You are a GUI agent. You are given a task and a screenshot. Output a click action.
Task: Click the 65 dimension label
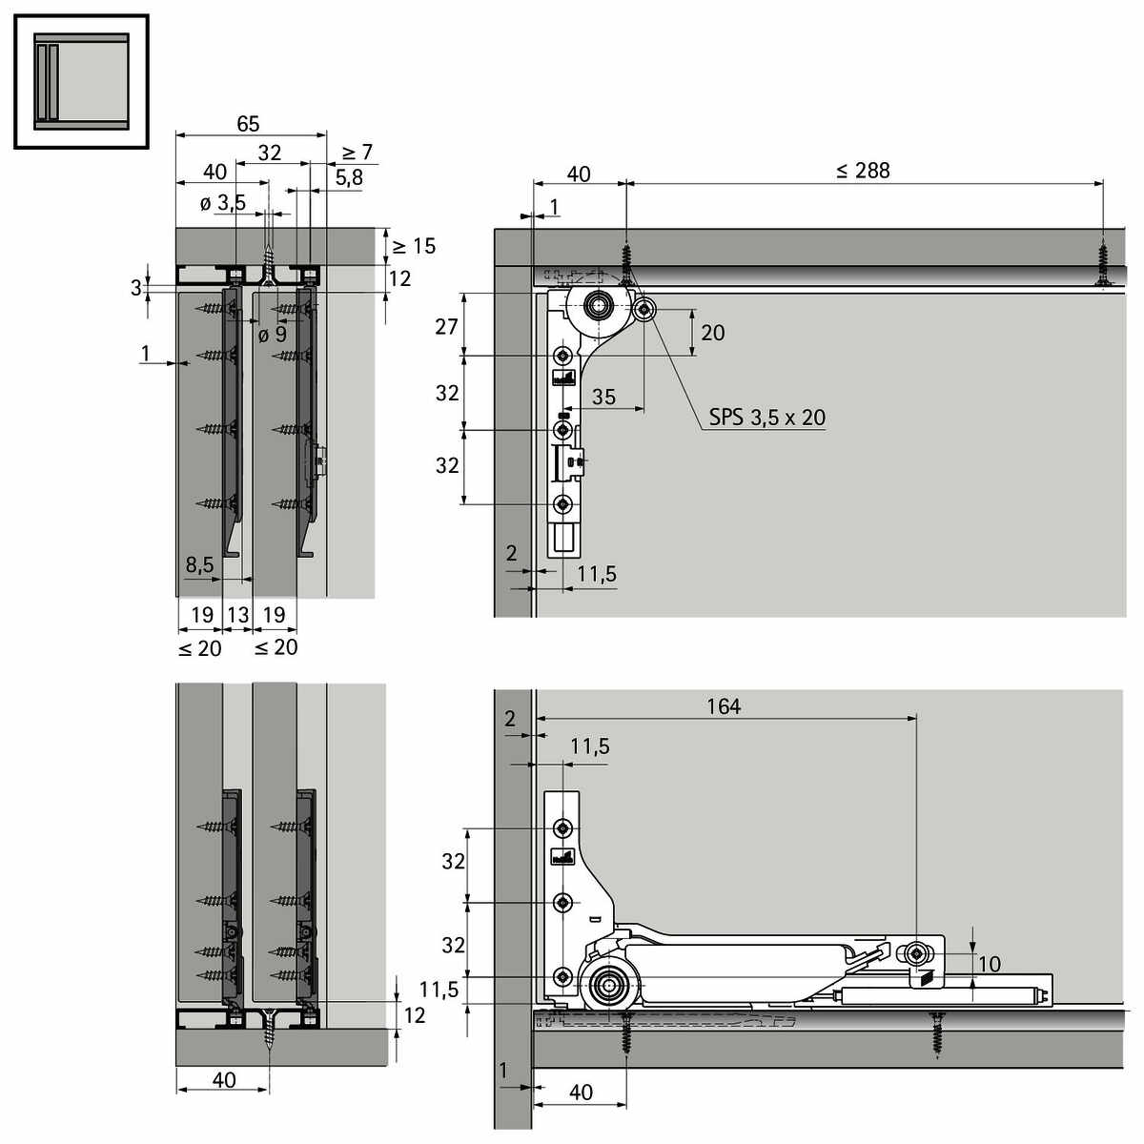(248, 124)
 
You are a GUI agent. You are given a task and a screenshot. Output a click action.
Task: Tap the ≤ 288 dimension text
(863, 171)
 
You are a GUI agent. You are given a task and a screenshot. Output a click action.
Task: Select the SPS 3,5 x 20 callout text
(767, 418)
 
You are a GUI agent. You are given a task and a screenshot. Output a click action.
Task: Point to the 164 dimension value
(724, 706)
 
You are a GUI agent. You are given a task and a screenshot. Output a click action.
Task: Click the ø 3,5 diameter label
(223, 203)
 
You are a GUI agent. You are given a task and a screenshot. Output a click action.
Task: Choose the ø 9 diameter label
(273, 335)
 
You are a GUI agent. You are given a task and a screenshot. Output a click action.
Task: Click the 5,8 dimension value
(349, 177)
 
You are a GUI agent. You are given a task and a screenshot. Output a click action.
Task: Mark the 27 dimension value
(446, 327)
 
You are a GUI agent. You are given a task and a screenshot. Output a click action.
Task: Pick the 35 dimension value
(603, 397)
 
